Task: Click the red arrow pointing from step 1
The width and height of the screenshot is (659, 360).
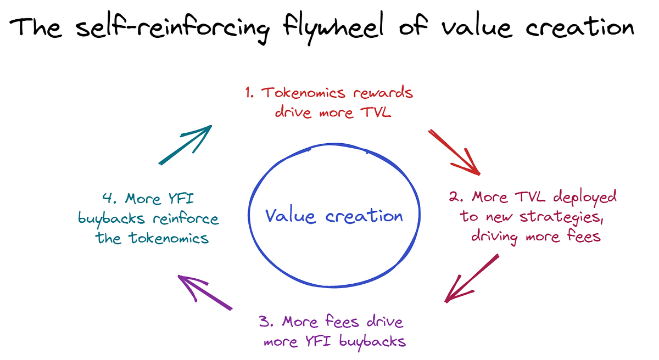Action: (455, 153)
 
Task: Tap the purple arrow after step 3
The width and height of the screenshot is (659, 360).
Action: (203, 292)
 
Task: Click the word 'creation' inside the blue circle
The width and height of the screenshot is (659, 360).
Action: (364, 215)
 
